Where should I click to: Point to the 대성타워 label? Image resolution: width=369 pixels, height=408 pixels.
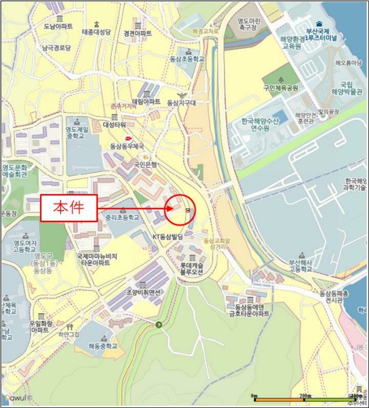click(115, 124)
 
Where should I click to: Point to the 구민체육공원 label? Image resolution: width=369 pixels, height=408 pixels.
click(281, 88)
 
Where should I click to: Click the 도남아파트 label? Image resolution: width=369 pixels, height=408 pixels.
click(58, 27)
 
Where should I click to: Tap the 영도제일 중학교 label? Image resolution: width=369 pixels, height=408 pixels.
click(75, 132)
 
